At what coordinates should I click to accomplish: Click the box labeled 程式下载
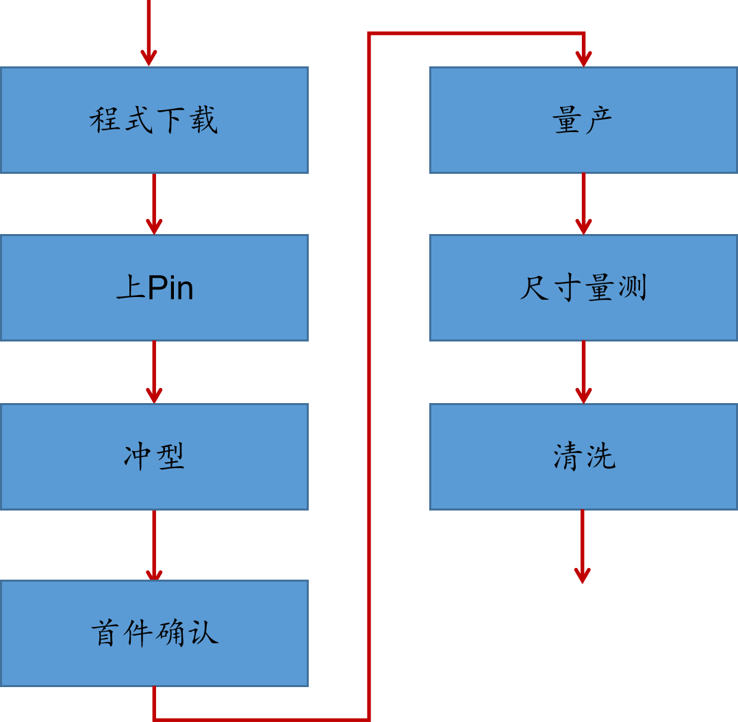point(154,120)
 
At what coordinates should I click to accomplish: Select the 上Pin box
point(154,287)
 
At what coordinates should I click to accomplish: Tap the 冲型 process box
point(154,456)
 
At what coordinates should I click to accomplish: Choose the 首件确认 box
point(154,633)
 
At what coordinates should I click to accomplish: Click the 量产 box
point(583,120)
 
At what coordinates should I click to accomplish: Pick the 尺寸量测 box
point(583,287)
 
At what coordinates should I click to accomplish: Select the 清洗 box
point(583,456)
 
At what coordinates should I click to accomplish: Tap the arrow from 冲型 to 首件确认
point(154,545)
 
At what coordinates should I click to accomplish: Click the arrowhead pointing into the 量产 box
point(583,59)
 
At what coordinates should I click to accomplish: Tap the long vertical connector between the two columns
point(369,376)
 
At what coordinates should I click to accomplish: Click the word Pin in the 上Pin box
point(170,288)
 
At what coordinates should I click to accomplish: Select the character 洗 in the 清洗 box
point(600,456)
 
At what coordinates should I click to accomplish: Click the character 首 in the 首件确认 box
point(105,634)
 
